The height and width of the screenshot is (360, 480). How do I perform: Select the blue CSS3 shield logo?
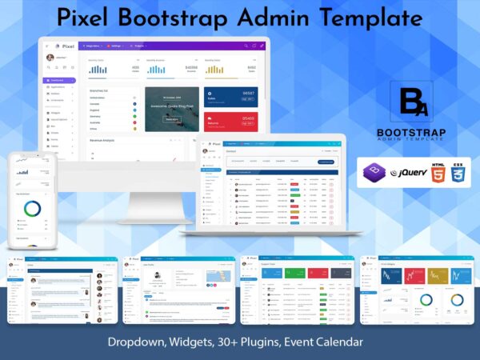[x=460, y=173]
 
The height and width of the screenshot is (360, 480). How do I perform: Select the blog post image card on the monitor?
[x=171, y=109]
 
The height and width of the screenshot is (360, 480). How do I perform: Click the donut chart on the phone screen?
[x=32, y=209]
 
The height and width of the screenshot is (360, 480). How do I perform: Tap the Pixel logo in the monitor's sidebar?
[x=61, y=46]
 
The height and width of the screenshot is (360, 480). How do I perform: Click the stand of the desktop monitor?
[x=155, y=196]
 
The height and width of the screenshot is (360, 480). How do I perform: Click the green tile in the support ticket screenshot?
[x=287, y=274]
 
